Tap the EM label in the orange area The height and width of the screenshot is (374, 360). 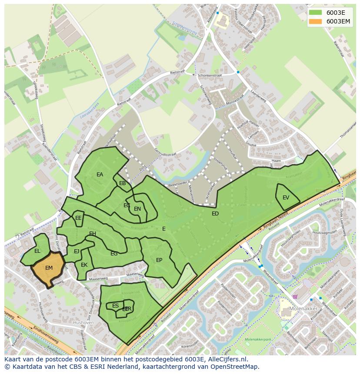(49, 268)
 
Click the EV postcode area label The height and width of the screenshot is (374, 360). (286, 198)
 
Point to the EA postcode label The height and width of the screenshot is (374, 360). (100, 175)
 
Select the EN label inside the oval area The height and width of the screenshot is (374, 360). (137, 209)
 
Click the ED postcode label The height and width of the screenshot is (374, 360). (215, 214)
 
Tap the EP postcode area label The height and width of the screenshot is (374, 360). (159, 260)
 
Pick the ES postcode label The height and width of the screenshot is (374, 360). (115, 306)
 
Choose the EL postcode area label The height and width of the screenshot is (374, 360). (37, 251)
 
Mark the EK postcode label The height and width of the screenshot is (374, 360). (84, 265)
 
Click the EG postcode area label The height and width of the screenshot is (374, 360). (114, 254)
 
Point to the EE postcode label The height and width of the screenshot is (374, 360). (78, 218)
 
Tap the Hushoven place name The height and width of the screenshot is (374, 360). (83, 323)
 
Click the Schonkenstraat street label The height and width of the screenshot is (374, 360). (210, 75)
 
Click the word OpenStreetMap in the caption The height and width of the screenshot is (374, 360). (235, 367)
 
